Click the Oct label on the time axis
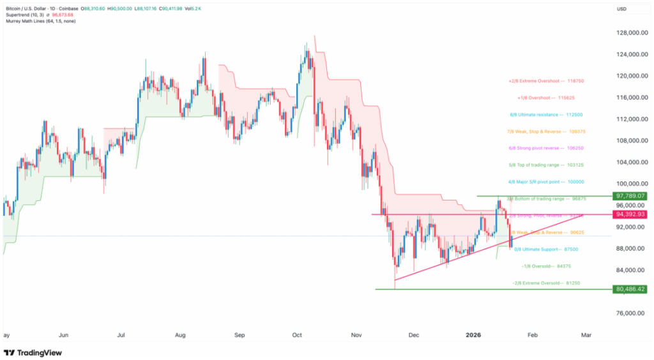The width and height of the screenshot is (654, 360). click(296, 334)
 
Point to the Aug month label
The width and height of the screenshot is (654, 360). click(180, 334)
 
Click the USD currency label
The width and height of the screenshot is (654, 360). click(621, 8)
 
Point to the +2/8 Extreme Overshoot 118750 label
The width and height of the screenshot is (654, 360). click(546, 81)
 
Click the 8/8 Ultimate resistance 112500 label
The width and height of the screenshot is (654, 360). click(546, 115)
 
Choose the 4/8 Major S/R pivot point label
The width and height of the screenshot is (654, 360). click(546, 182)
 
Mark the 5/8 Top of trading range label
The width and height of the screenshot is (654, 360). click(546, 165)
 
